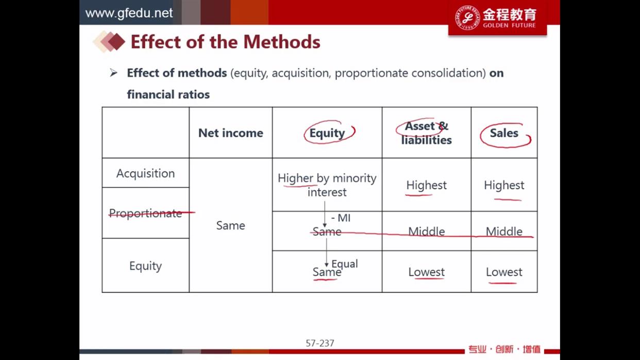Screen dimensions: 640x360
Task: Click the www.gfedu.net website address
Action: (x=129, y=13)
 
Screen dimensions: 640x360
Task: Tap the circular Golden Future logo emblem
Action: (x=467, y=18)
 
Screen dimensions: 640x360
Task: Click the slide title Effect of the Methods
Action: (x=225, y=42)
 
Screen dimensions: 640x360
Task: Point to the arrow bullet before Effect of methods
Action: (x=113, y=73)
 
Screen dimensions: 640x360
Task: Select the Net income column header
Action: (x=230, y=133)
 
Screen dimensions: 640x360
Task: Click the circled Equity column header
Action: (x=327, y=133)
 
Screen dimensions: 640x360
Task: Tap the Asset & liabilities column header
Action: (x=426, y=133)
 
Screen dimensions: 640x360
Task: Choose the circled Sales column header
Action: (x=504, y=133)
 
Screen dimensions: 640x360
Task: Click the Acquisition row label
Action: (x=145, y=173)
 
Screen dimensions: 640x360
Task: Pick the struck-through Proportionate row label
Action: (x=145, y=213)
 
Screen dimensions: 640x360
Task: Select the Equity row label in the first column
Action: (x=145, y=266)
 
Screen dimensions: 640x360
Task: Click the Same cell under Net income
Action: (x=230, y=226)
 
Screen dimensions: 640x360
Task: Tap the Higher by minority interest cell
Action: (x=327, y=185)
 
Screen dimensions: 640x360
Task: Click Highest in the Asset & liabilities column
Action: (x=426, y=185)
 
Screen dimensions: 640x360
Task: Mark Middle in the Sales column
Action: (x=504, y=232)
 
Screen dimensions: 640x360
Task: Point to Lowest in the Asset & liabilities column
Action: (x=426, y=272)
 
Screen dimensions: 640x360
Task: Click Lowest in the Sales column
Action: (x=504, y=272)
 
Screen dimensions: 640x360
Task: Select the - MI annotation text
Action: (x=341, y=218)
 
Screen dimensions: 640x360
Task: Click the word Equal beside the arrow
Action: (x=345, y=264)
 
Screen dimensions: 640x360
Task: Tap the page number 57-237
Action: (x=319, y=343)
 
